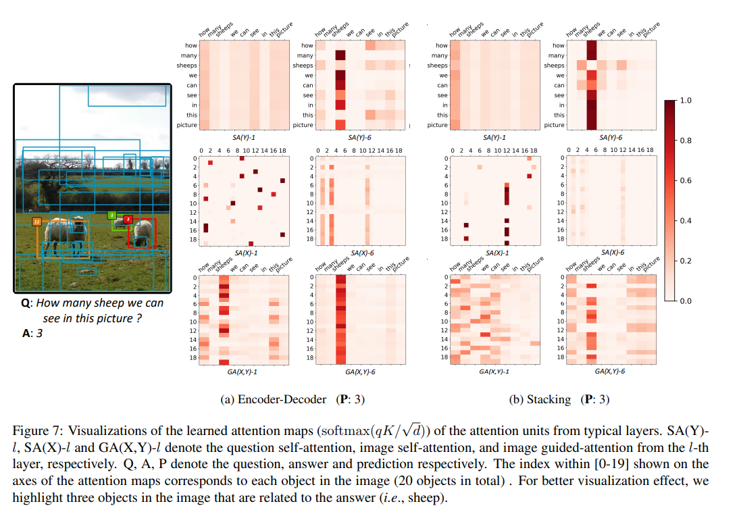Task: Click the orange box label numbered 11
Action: (36, 221)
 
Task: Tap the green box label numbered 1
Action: (111, 215)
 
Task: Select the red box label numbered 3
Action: (128, 219)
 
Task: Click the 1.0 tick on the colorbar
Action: (685, 101)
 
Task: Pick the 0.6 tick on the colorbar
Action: (685, 180)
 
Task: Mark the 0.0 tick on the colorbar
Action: (685, 301)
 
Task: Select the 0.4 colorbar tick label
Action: (685, 221)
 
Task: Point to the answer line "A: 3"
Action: (33, 332)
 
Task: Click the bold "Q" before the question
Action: (26, 303)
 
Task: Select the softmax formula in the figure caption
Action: (340, 431)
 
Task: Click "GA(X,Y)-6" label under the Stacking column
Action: (609, 372)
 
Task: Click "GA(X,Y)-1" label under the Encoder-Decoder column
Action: (245, 372)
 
